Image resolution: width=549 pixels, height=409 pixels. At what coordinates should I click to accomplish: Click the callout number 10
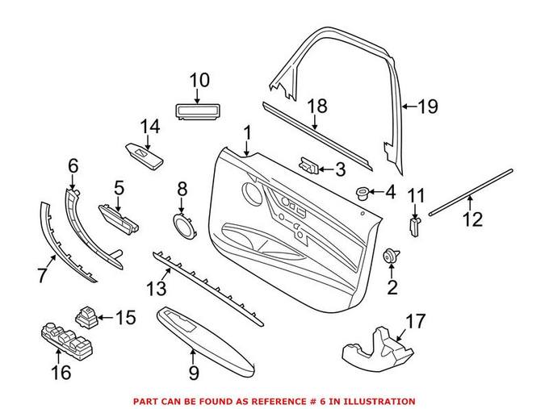(x=199, y=80)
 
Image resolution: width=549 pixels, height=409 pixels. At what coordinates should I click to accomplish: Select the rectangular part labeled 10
(x=197, y=112)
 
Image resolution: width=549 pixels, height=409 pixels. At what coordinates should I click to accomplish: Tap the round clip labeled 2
(x=391, y=256)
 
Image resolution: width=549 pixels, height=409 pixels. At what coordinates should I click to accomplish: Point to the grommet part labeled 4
(x=362, y=193)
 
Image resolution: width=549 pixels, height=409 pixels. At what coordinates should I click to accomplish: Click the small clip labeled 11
(x=414, y=227)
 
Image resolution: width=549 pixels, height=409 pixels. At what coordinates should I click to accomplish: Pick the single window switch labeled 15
(x=86, y=317)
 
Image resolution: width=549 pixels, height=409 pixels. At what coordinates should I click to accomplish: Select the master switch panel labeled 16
(x=67, y=340)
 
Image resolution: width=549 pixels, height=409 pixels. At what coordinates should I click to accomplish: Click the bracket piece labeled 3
(x=308, y=165)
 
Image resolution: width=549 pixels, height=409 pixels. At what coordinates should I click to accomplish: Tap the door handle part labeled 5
(x=118, y=219)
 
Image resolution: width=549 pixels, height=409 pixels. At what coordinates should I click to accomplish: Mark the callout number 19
(x=428, y=106)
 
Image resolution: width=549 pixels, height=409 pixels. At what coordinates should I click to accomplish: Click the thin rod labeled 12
(x=471, y=192)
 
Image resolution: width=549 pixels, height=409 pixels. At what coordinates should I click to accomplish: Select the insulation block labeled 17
(x=378, y=347)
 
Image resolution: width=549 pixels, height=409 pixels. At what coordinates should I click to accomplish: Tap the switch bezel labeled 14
(x=145, y=156)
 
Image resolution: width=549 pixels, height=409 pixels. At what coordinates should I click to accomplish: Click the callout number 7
(x=42, y=275)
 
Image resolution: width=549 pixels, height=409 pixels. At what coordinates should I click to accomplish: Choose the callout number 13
(x=157, y=289)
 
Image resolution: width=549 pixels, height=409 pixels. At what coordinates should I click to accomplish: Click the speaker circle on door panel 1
(x=252, y=193)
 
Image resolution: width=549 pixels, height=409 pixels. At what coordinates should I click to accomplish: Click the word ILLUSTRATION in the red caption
(x=379, y=401)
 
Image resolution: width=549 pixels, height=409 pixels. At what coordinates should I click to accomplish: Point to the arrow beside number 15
(x=106, y=318)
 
